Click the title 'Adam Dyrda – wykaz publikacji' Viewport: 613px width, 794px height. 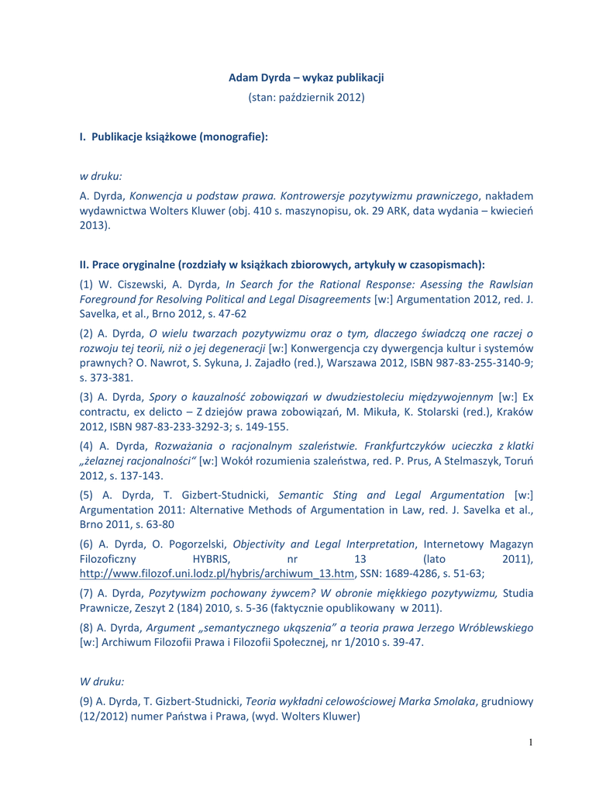click(306, 78)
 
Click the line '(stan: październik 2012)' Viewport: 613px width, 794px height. click(306, 97)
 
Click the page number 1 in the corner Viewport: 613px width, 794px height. click(531, 743)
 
